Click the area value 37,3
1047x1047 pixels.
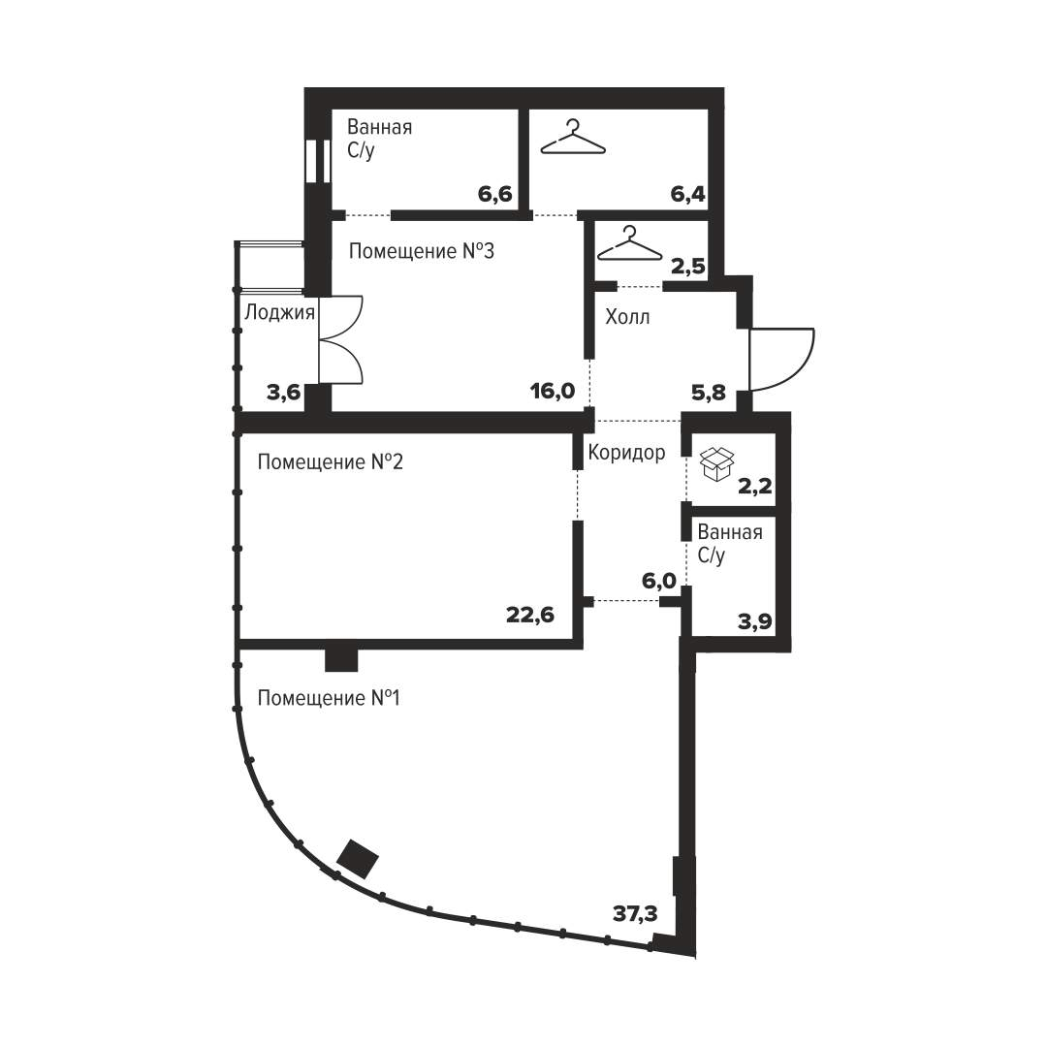635,913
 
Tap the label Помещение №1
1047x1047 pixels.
329,698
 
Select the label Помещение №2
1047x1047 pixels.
331,462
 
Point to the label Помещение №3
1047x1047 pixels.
422,251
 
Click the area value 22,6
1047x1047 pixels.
530,615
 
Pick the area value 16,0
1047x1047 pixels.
553,391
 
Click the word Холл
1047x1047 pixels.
627,316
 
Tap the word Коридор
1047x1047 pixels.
626,453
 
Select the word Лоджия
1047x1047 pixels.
280,312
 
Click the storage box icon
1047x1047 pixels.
716,464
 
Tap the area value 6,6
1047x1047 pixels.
494,194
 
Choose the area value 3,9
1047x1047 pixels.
754,621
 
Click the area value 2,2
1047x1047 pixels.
754,486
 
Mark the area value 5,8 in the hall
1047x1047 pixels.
709,393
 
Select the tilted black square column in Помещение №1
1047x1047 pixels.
357,859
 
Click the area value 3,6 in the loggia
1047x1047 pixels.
284,393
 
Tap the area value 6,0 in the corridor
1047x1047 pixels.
659,582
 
